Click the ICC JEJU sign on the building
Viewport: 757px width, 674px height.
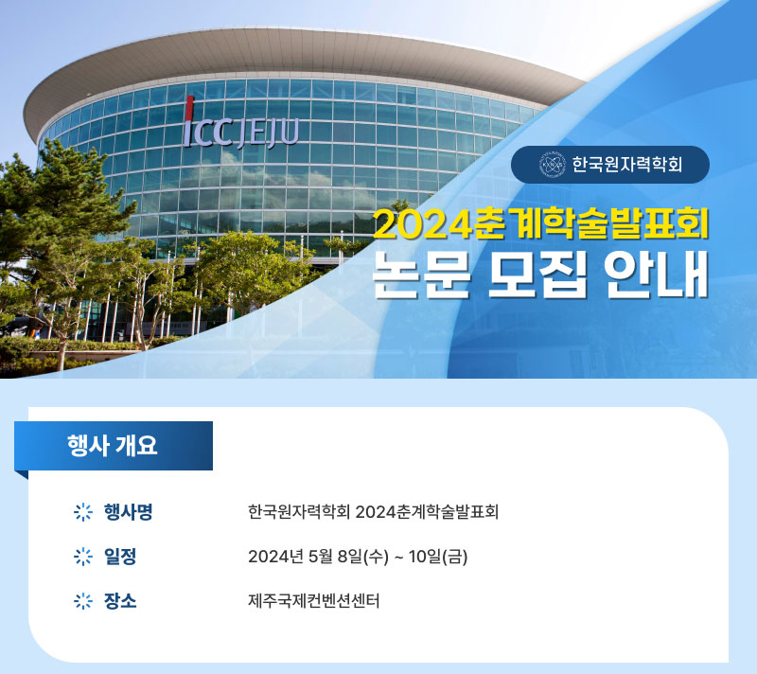240,124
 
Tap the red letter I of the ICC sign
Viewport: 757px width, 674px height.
189,121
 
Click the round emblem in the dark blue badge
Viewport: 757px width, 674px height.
552,165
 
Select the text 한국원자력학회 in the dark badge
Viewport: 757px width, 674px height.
626,165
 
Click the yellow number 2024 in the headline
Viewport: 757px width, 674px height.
423,224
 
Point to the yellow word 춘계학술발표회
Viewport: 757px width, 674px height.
590,222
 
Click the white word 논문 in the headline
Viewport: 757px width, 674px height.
421,275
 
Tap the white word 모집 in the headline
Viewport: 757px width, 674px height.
537,275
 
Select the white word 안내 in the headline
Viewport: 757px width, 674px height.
656,275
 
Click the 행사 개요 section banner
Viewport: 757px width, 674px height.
114,446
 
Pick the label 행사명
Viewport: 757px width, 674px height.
128,512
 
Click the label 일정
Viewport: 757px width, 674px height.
120,557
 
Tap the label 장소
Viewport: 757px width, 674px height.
120,600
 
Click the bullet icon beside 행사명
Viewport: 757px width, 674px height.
83,512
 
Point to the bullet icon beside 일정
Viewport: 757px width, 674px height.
83,557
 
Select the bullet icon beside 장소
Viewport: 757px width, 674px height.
83,601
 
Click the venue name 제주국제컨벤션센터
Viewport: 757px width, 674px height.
314,601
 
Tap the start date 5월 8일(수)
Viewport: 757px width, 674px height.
348,557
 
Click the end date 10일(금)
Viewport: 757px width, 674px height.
438,557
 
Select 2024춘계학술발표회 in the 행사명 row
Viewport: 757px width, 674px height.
427,512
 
